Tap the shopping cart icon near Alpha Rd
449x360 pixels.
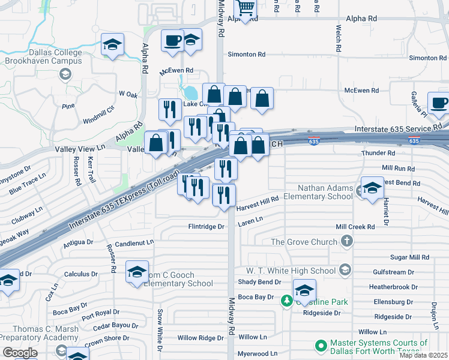(x=246, y=8)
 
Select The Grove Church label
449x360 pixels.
(x=305, y=242)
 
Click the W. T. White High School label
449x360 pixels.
(x=293, y=271)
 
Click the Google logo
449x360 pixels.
(x=19, y=353)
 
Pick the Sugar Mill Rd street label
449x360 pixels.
(x=409, y=257)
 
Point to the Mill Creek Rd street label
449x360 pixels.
(x=355, y=227)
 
